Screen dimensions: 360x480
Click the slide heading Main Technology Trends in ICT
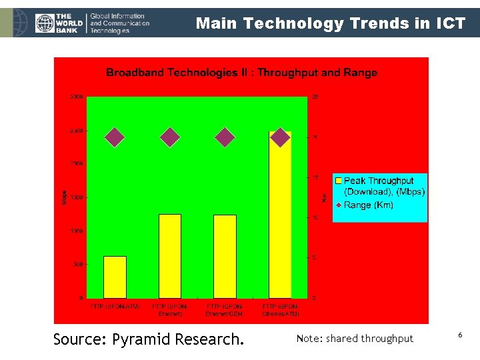pos(331,24)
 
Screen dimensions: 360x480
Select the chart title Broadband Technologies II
pos(241,73)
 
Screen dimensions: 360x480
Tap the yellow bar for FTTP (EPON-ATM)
pos(115,277)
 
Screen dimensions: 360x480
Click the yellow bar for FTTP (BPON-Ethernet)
pos(170,256)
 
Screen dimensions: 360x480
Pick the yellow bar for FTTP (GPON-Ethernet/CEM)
pos(225,256)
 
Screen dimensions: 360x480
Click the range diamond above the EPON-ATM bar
pos(115,137)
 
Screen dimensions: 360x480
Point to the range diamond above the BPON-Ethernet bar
pos(170,137)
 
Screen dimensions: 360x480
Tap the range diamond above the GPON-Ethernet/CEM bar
pos(225,137)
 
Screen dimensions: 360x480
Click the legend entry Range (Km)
pos(368,205)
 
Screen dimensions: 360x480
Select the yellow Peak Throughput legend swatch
pos(339,181)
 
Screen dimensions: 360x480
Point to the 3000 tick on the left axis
pos(77,97)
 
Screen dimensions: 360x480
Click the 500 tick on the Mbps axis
pos(78,264)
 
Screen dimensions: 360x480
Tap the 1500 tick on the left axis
pos(77,197)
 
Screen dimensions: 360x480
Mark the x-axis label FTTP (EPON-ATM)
pos(115,307)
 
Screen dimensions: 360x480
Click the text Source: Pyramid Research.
pos(148,339)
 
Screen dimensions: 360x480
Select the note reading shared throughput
pos(355,339)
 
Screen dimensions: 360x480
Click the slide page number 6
pos(460,333)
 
